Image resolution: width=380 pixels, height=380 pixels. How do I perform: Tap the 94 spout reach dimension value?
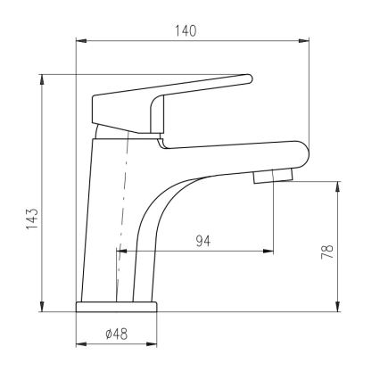click(x=204, y=241)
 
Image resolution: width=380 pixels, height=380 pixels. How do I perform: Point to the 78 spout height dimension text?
click(x=327, y=252)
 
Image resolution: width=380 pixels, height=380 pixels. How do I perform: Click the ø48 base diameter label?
click(x=116, y=334)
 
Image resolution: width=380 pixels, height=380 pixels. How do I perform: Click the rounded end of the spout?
click(x=300, y=153)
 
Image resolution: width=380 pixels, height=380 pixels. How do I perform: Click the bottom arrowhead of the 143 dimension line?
click(x=43, y=308)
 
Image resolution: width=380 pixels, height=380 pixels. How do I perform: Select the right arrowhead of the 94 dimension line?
click(x=268, y=252)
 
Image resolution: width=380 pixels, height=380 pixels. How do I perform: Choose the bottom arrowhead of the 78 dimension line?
click(x=338, y=308)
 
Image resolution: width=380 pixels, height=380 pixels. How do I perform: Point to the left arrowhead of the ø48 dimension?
click(x=79, y=345)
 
